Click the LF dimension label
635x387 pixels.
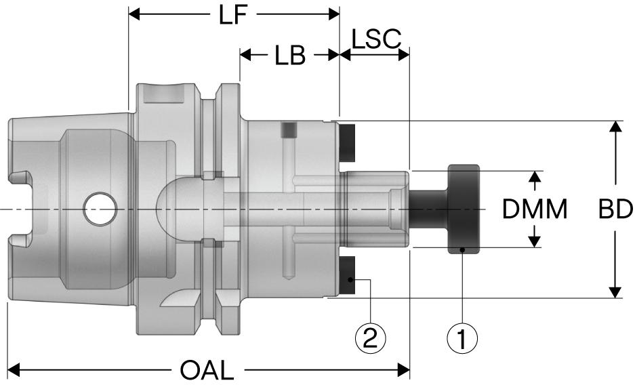(x=232, y=16)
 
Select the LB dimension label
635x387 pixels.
(x=289, y=56)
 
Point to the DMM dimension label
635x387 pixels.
(x=535, y=210)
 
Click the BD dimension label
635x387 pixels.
(x=615, y=210)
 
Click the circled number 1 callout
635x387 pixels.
(x=462, y=338)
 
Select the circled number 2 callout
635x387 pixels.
(x=369, y=338)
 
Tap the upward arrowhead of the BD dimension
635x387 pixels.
(x=615, y=129)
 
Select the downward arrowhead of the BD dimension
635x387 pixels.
(x=615, y=291)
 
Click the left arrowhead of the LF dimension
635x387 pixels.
(x=135, y=14)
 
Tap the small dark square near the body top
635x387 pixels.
(x=289, y=129)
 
